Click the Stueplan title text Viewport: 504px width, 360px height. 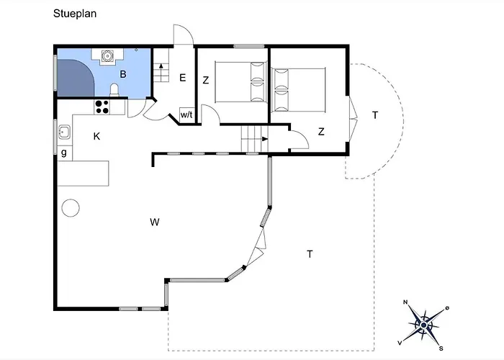click(x=75, y=14)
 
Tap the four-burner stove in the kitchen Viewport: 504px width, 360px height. click(x=102, y=107)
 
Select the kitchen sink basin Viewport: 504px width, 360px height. click(x=64, y=132)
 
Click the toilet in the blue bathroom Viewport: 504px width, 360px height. click(x=114, y=90)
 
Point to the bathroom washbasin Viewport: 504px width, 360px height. click(x=107, y=56)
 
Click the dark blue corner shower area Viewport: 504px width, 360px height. click(x=74, y=78)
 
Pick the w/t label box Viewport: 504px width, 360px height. click(x=186, y=114)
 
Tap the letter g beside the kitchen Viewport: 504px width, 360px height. click(x=64, y=153)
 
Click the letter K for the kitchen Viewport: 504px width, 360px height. click(x=96, y=136)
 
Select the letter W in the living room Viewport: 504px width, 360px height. click(x=155, y=222)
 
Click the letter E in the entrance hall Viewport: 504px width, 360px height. click(x=183, y=78)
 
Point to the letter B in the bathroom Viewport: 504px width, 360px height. click(x=123, y=74)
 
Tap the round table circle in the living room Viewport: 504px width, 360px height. click(x=71, y=208)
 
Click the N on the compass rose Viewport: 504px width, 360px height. click(x=405, y=302)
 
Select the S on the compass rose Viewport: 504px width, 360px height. click(x=441, y=348)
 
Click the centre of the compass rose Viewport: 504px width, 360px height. click(x=423, y=325)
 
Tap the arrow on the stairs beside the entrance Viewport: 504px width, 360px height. click(x=161, y=69)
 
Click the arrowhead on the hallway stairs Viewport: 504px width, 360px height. click(x=265, y=139)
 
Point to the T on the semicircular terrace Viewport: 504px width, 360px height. click(x=375, y=115)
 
